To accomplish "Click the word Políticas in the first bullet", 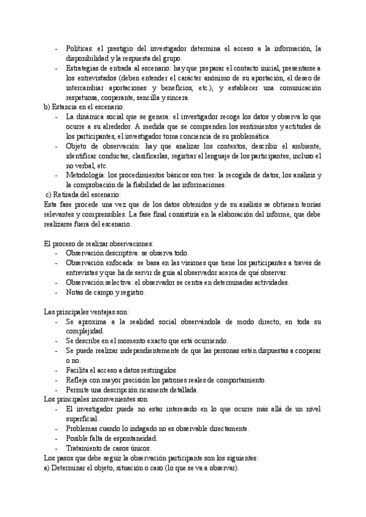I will (x=80, y=48).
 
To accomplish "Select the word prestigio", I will (x=130, y=48).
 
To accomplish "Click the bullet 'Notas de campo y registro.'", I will (x=106, y=293).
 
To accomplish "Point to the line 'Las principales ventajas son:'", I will (x=86, y=312).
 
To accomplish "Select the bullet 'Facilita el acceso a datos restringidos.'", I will (x=122, y=370).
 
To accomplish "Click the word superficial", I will (x=82, y=419).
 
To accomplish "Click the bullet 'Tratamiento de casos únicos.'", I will (x=108, y=448).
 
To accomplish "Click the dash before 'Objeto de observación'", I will (x=57, y=146).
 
